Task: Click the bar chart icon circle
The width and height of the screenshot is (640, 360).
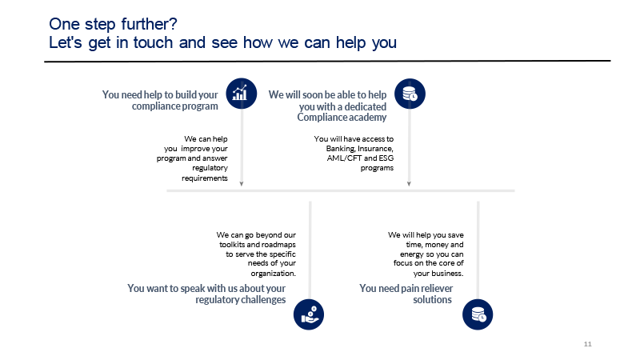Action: tap(242, 94)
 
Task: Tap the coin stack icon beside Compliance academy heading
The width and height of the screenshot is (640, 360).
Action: tap(410, 94)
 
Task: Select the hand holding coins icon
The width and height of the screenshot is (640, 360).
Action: tap(309, 314)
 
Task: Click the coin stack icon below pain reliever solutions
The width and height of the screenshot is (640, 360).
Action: tap(478, 314)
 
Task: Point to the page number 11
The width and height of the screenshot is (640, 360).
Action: tap(587, 344)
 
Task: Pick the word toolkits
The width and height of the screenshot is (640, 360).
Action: tap(232, 245)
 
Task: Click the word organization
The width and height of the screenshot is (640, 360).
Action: tap(273, 273)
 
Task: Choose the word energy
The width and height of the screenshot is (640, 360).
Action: tap(412, 254)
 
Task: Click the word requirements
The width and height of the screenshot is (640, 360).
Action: tap(205, 178)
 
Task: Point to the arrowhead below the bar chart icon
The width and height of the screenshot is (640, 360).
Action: tap(242, 184)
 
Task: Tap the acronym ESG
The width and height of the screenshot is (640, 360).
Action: tap(386, 158)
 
